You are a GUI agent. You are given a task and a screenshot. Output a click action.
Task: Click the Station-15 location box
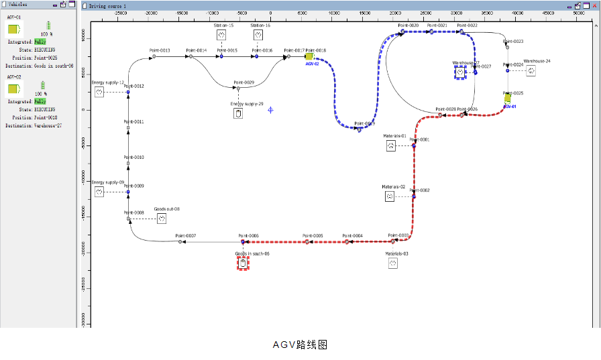(221, 35)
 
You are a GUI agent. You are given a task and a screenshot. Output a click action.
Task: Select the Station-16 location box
(258, 35)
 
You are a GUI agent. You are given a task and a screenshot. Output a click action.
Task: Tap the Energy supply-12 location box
(99, 92)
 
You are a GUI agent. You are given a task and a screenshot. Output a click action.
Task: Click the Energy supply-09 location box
(99, 192)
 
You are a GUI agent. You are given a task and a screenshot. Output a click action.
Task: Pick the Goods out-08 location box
(162, 219)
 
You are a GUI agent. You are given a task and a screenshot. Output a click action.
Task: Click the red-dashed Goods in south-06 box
(243, 263)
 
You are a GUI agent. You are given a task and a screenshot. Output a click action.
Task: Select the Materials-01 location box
(391, 145)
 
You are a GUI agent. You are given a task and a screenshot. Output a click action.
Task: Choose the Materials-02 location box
(389, 196)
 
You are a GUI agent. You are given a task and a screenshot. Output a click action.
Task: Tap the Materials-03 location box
(393, 264)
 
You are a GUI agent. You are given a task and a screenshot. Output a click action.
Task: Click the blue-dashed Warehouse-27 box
(459, 72)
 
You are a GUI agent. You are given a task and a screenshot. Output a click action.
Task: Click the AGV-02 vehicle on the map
(309, 57)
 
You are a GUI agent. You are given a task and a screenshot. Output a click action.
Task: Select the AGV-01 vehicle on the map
(508, 99)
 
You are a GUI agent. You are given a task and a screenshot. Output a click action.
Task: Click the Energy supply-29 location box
(238, 113)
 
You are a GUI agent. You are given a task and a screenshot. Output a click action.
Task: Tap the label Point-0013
(160, 51)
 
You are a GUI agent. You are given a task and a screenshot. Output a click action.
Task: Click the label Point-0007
(186, 235)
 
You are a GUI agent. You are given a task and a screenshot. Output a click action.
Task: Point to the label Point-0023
(513, 41)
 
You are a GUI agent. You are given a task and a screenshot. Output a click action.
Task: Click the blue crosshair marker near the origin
(270, 109)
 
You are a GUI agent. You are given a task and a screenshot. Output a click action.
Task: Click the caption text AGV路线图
(300, 345)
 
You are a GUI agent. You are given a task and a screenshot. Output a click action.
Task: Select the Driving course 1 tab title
(108, 5)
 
